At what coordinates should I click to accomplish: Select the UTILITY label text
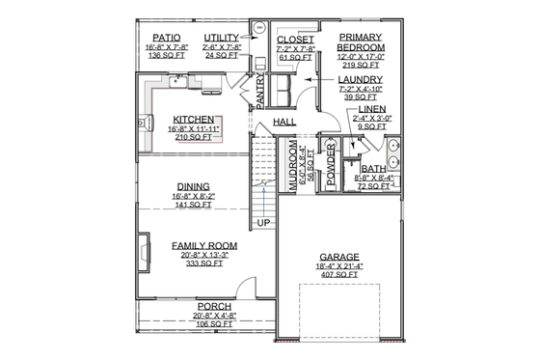coord(222,38)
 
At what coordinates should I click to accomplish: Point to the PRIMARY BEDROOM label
coord(362,42)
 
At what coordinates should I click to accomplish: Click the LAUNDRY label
coord(359,81)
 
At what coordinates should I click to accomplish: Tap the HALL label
coord(284,123)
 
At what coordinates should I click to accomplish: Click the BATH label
coord(373,167)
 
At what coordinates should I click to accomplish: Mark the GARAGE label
coord(339,257)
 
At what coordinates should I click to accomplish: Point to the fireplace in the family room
coord(144,252)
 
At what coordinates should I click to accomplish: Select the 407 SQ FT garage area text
coord(339,274)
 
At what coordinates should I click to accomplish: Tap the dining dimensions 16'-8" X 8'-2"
coord(194,196)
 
